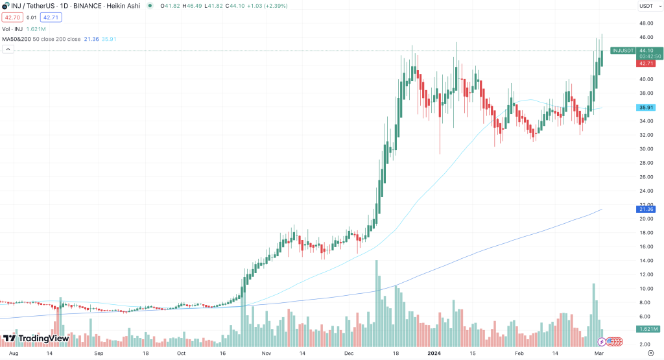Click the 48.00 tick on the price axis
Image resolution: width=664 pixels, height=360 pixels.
tap(645, 23)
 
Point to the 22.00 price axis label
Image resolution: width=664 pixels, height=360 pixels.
tap(645, 205)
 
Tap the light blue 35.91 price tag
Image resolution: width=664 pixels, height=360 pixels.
tap(645, 108)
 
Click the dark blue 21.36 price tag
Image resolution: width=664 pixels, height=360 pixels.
tap(645, 209)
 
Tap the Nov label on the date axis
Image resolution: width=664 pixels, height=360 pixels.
tap(267, 355)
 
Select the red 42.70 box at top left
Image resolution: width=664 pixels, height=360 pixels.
tap(12, 17)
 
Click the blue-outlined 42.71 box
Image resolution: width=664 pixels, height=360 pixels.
tap(50, 17)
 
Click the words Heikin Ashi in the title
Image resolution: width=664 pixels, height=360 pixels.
tap(124, 6)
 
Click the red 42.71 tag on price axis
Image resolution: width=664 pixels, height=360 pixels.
tap(645, 64)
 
